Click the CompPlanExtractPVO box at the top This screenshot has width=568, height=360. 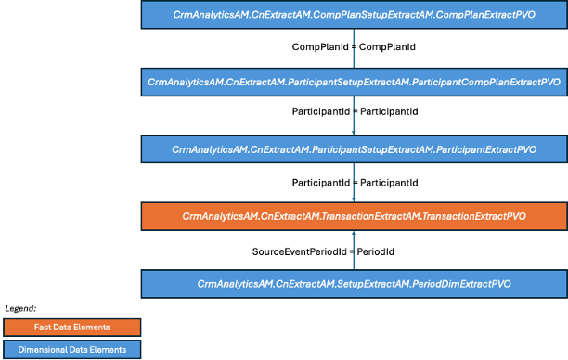[x=354, y=15]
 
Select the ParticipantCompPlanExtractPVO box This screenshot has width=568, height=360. [x=354, y=82]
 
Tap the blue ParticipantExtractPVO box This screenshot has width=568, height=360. [x=354, y=148]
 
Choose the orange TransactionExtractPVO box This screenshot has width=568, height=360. [x=354, y=216]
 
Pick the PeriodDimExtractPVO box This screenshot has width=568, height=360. [x=354, y=283]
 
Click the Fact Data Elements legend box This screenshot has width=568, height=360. [x=71, y=327]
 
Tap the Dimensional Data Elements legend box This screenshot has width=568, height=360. [x=71, y=349]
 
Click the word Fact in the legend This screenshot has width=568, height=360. [x=43, y=327]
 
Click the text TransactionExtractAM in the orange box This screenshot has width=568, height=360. [x=369, y=216]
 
